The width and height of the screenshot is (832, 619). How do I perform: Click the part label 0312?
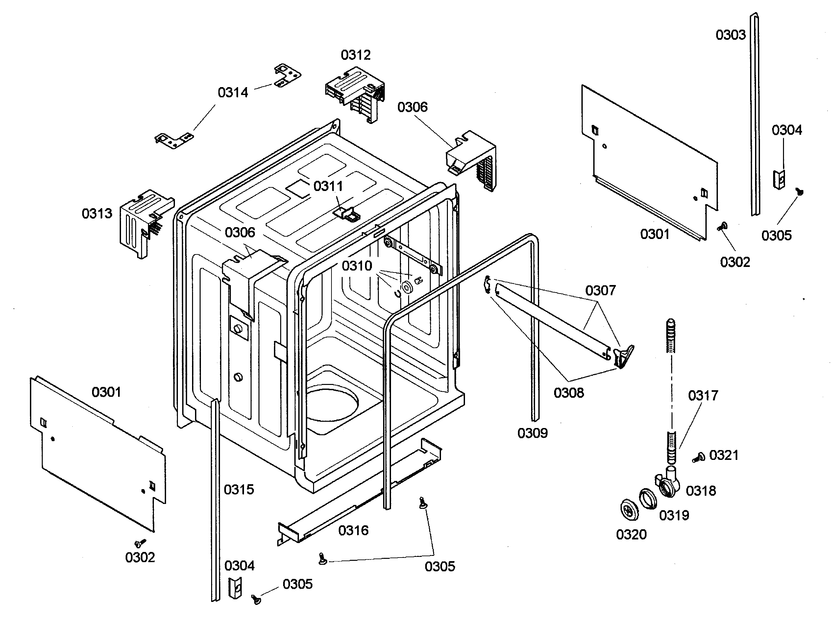click(x=355, y=55)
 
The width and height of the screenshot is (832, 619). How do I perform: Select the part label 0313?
click(x=97, y=214)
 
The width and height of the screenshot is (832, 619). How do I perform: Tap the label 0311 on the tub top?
click(x=328, y=186)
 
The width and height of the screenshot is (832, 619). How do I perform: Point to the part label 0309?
click(x=532, y=433)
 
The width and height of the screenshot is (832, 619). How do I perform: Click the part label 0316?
click(x=353, y=530)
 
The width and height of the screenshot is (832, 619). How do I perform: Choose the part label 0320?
click(x=631, y=534)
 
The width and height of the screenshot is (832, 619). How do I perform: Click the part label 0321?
click(x=724, y=455)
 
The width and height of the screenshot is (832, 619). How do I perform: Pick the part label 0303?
click(x=730, y=35)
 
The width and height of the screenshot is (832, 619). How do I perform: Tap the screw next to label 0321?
click(x=698, y=458)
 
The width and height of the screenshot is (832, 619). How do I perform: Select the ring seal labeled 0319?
click(x=648, y=499)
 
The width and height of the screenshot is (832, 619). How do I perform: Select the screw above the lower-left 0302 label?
click(x=140, y=543)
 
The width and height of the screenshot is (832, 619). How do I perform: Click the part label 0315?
click(x=239, y=489)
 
